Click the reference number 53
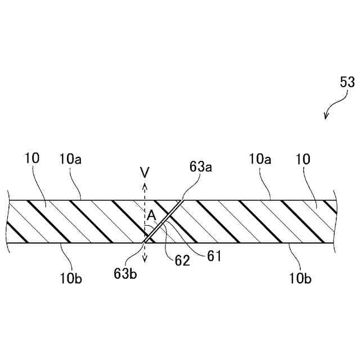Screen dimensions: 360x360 click(347, 82)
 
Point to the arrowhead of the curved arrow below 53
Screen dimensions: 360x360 click(326, 118)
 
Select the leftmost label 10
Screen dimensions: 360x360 click(32, 159)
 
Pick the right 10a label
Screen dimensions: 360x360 click(260, 159)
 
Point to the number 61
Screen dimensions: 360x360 click(214, 256)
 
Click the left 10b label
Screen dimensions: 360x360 click(71, 278)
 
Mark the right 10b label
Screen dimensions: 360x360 click(301, 277)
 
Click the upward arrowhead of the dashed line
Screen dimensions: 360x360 click(145, 183)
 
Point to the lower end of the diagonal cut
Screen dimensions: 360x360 click(145, 242)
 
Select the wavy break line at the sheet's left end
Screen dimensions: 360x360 click(8, 221)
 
